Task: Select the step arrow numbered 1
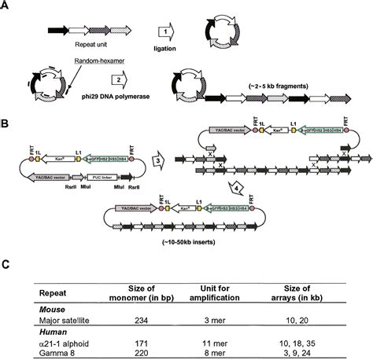tap(167, 31)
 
